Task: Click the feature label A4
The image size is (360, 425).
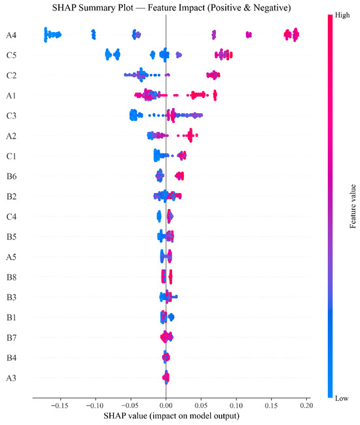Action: coord(11,35)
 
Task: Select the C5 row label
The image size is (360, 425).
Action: coord(11,56)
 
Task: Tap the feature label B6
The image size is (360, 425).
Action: coord(11,177)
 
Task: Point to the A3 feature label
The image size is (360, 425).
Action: coord(11,378)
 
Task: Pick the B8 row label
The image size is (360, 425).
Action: coord(11,277)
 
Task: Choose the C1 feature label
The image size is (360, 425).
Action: coord(11,156)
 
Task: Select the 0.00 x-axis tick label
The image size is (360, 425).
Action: coord(166,405)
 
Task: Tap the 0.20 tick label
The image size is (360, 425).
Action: coord(306,405)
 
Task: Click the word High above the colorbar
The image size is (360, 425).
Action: coord(342,15)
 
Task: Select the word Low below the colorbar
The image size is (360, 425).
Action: coord(342,398)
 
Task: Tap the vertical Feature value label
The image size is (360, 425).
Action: coord(352,206)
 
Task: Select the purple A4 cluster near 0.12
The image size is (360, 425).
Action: coord(249,35)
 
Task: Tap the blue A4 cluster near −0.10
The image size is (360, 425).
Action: coord(94,35)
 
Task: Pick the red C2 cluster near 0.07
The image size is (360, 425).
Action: coord(213,75)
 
